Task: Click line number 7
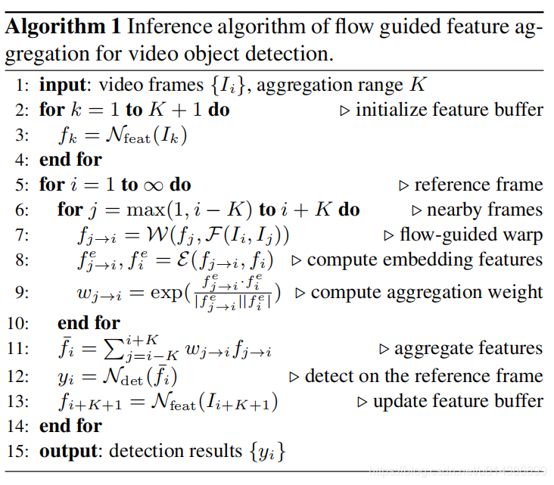(23, 235)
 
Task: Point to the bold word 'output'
(67, 452)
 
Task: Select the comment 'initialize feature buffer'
(449, 110)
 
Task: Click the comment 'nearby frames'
(484, 210)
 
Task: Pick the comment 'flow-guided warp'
(471, 235)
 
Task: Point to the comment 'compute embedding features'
(425, 260)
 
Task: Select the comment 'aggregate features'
(468, 349)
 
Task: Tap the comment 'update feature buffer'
(458, 401)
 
